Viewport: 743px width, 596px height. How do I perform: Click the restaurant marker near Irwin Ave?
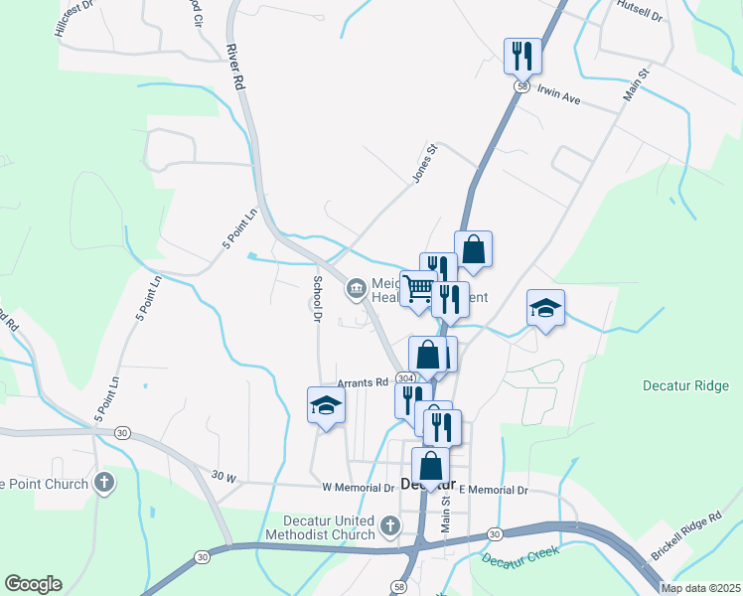click(x=523, y=55)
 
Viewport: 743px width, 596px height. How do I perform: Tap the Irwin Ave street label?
click(x=558, y=96)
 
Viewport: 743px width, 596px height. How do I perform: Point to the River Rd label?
click(x=234, y=69)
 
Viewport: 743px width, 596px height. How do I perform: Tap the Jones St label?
click(x=425, y=164)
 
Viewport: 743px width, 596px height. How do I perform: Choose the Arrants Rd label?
click(x=361, y=382)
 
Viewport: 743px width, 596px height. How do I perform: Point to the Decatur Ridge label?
click(x=685, y=385)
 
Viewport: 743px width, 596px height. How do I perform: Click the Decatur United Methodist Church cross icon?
click(x=390, y=524)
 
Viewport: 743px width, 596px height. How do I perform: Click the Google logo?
click(x=33, y=584)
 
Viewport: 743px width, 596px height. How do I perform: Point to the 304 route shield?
click(x=404, y=379)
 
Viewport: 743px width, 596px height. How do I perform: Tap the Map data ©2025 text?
click(x=700, y=588)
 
